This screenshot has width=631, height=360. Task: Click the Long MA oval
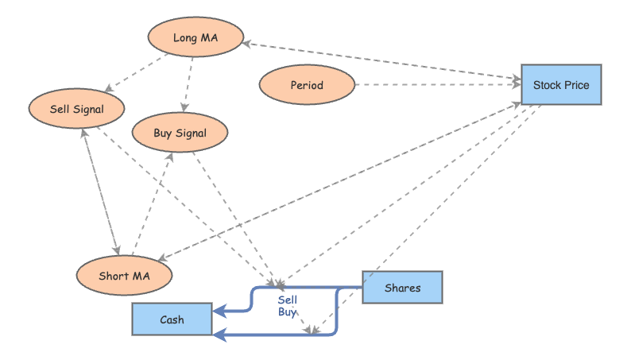click(x=195, y=37)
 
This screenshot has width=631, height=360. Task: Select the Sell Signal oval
click(x=76, y=108)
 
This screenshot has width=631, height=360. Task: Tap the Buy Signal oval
click(x=180, y=133)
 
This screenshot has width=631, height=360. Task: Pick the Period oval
click(x=307, y=85)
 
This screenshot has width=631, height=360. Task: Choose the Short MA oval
click(x=124, y=276)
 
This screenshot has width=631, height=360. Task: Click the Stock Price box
click(x=561, y=84)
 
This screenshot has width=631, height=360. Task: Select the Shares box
click(x=402, y=288)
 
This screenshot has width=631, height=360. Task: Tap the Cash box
click(x=172, y=319)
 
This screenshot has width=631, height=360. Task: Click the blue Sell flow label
click(x=287, y=300)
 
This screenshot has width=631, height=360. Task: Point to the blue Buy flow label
click(x=287, y=312)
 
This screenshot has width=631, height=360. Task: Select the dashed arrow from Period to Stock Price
click(x=437, y=84)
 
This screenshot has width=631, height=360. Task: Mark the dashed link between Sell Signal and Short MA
click(x=99, y=191)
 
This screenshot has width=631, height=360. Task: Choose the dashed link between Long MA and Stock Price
click(x=381, y=60)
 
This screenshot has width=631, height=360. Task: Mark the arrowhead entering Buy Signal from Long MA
click(x=184, y=108)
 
